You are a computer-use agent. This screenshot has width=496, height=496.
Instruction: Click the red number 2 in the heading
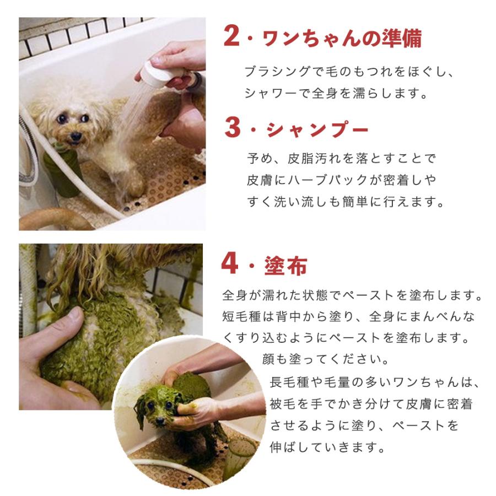tap(231, 36)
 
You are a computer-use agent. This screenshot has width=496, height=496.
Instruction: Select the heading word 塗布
tap(285, 266)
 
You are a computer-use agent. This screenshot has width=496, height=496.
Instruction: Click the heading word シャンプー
tap(317, 129)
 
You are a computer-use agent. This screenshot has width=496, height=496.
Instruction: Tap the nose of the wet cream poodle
tap(76, 136)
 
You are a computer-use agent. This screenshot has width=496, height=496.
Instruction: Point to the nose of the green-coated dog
tap(160, 420)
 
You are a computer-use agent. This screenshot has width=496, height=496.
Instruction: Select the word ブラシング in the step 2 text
tap(277, 72)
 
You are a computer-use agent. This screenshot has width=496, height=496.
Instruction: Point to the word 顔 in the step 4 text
tap(268, 359)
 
